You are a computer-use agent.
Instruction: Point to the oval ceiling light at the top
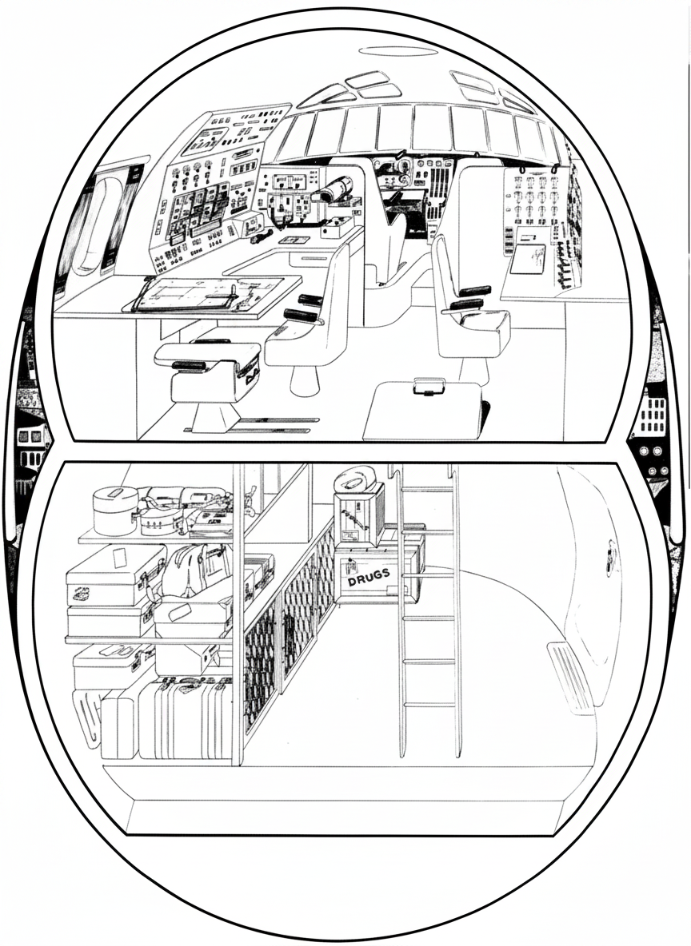398,50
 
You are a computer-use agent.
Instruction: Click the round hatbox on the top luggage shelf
115,511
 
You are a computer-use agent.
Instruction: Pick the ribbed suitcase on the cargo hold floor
185,718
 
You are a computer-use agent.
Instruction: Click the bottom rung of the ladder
430,705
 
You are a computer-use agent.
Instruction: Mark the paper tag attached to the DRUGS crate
349,568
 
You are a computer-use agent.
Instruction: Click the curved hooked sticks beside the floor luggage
89,718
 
